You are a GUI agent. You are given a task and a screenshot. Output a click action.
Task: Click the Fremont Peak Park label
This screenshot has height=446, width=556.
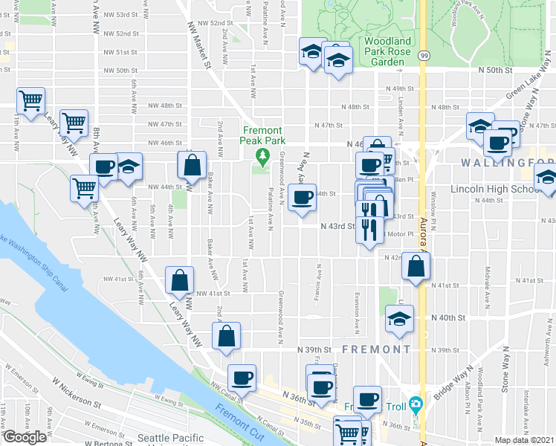click(262, 135)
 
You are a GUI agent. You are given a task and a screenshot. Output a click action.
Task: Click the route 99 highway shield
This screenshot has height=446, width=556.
click(422, 56)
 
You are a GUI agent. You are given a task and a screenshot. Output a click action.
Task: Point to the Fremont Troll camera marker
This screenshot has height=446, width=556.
click(416, 404)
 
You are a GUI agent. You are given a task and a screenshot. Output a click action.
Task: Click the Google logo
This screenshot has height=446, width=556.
click(25, 436)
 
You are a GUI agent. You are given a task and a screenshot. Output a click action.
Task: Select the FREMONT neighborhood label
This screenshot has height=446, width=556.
click(376, 349)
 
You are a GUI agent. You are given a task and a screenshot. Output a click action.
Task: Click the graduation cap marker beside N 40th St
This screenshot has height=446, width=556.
click(399, 320)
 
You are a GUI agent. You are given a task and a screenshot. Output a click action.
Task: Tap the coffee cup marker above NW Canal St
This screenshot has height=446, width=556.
click(241, 378)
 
